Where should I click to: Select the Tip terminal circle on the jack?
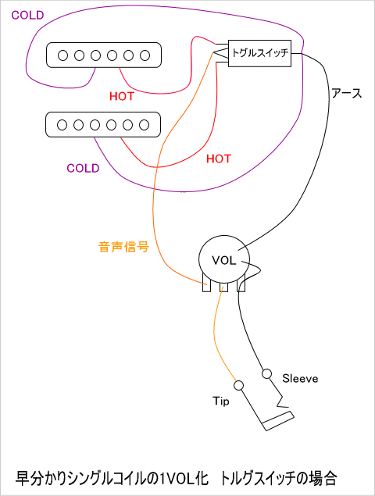(238, 385)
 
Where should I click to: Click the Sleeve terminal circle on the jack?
(266, 374)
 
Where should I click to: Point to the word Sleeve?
(300, 378)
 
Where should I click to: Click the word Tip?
(221, 401)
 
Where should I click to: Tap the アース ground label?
(346, 93)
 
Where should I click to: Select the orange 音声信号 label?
(123, 247)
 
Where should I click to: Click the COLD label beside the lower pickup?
(83, 168)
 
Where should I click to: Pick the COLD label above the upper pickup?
(27, 15)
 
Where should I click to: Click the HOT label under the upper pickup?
(122, 96)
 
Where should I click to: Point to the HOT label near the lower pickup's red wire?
(219, 159)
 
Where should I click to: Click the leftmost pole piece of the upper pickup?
(62, 55)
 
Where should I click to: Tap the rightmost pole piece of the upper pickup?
(145, 55)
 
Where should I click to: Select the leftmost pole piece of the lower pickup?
(62, 125)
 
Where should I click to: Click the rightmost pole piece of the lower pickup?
(144, 125)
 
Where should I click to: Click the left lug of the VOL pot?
(207, 287)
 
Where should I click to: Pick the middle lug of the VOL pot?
(223, 287)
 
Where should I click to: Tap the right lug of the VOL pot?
(241, 287)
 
